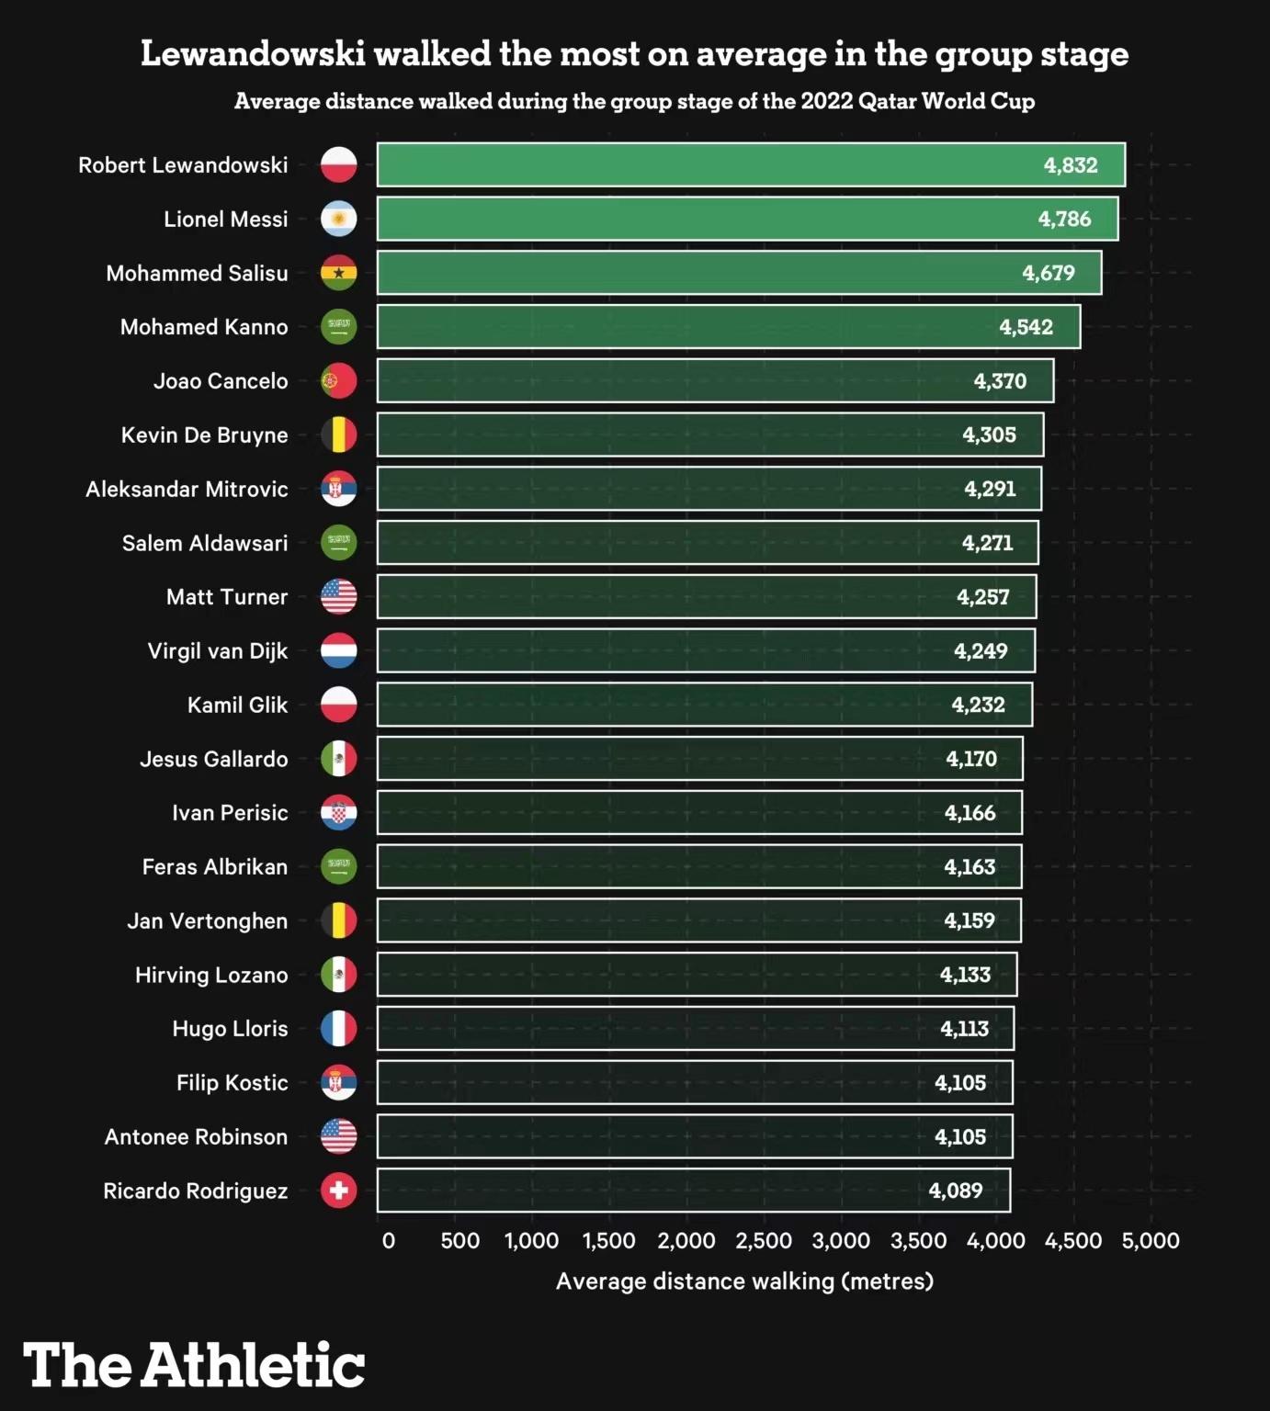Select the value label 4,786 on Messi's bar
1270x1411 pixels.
pos(1064,220)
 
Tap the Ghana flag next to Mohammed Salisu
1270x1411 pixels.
pos(338,273)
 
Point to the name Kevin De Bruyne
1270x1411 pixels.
pos(204,435)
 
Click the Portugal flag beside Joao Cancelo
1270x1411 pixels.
pos(338,381)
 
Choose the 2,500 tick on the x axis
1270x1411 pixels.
pos(763,1241)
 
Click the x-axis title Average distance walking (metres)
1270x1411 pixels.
pos(744,1281)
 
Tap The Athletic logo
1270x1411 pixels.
pos(194,1365)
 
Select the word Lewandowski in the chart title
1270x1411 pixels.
pos(253,54)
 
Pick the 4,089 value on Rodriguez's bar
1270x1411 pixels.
pos(956,1191)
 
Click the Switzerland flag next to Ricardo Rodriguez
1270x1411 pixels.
pos(338,1191)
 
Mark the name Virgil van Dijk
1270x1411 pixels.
pos(218,651)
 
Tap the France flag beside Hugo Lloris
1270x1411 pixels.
pos(338,1029)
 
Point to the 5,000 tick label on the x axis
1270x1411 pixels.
pos(1151,1241)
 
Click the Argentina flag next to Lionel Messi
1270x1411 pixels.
pos(338,220)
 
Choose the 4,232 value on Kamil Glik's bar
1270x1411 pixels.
pos(978,705)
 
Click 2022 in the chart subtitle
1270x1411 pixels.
pos(826,101)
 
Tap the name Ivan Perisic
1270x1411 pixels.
pos(230,813)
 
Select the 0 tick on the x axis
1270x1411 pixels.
pos(389,1241)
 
